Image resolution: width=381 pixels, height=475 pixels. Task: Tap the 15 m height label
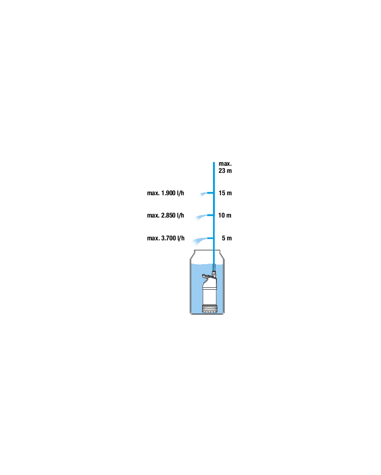[x=225, y=193]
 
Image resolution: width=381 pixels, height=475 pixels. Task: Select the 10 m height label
[x=225, y=215]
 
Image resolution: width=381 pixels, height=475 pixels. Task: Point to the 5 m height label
[x=227, y=238]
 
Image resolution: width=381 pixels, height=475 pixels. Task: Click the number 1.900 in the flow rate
[x=168, y=193]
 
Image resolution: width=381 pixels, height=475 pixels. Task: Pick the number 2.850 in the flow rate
[x=168, y=215]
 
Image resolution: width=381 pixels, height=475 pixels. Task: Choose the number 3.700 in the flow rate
[x=168, y=238]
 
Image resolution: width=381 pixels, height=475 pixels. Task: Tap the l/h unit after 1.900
[x=180, y=193]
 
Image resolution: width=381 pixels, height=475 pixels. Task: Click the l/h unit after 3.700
[x=181, y=238]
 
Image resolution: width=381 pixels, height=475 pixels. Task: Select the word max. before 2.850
[x=153, y=215]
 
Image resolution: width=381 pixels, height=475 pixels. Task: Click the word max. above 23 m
[x=225, y=163]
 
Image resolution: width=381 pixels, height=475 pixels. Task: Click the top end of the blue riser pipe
[x=214, y=162]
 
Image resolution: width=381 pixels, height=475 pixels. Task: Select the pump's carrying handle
[x=207, y=276]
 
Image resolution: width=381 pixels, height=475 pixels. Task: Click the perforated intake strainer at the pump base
[x=209, y=309]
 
